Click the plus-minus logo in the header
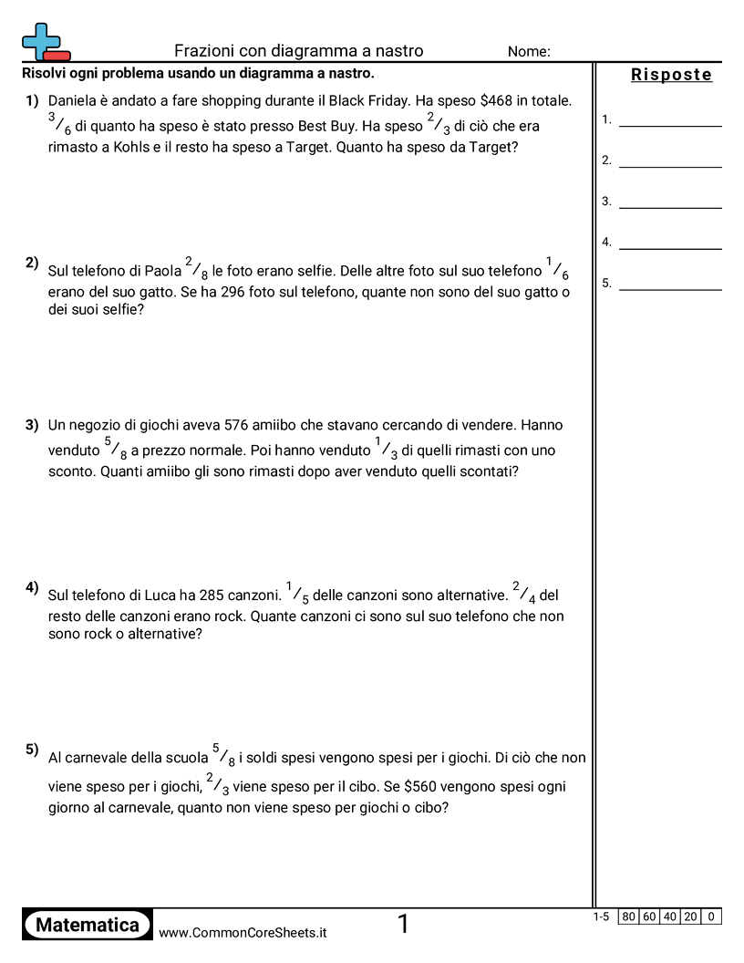tap(45, 42)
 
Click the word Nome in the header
tap(529, 52)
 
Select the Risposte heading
tap(671, 75)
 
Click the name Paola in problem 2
tap(163, 271)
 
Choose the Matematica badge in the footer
tap(88, 925)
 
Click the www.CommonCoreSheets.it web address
tap(243, 932)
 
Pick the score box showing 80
tap(628, 916)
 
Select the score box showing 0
tap(711, 916)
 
